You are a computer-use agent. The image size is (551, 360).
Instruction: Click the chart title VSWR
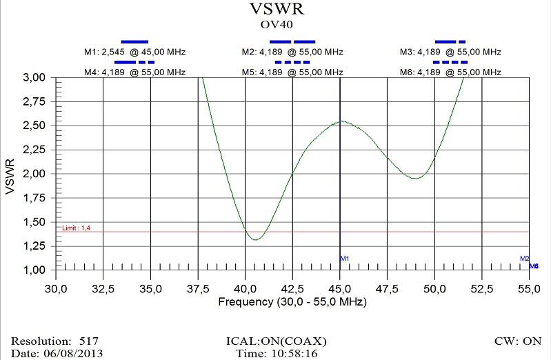click(275, 9)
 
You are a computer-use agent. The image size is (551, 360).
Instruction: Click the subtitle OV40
click(275, 24)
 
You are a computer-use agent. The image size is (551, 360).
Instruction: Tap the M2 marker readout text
click(292, 52)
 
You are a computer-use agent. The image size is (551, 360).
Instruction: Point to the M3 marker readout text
click(450, 52)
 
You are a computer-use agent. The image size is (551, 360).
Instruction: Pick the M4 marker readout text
click(134, 72)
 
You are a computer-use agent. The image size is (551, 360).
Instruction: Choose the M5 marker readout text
click(292, 72)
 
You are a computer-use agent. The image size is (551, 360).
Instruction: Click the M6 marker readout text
click(450, 72)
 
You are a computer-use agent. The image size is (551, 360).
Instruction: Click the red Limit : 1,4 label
click(76, 228)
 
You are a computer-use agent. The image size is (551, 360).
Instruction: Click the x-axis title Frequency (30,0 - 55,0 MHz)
click(292, 302)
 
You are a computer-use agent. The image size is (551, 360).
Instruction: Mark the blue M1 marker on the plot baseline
click(345, 259)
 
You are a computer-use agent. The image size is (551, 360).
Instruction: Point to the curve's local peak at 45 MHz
click(341, 122)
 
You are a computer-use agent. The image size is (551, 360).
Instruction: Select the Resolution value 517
click(89, 341)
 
